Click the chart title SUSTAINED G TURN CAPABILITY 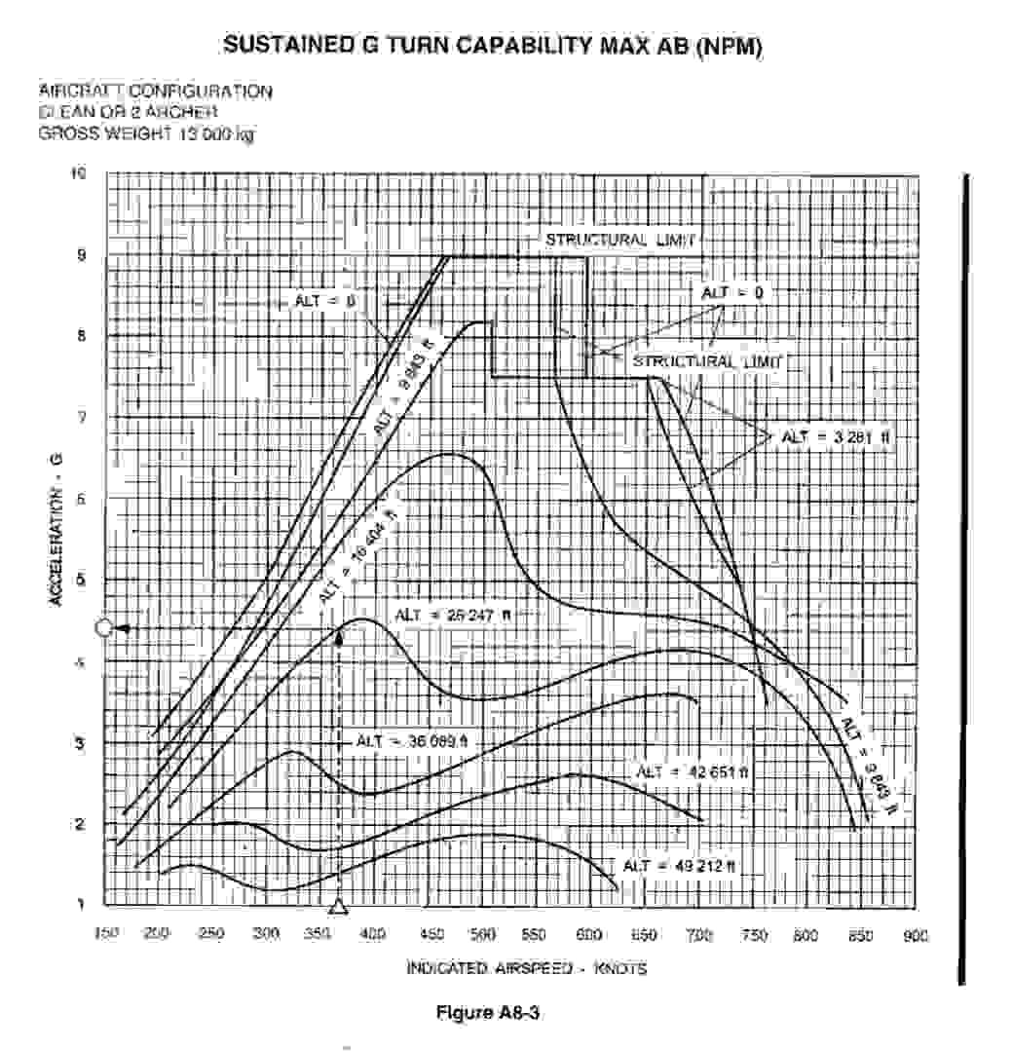tap(492, 45)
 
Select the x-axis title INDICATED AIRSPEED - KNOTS tap(526, 968)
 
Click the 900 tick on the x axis tap(915, 935)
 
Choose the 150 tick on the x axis tap(106, 935)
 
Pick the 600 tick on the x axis tap(589, 935)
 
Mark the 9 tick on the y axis tap(81, 256)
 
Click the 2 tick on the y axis tap(81, 824)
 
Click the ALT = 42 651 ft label tap(693, 771)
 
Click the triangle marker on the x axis tap(338, 907)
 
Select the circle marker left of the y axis tap(104, 628)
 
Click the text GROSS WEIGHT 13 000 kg tap(146, 133)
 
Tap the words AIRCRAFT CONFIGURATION tap(156, 91)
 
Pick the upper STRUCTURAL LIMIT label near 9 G tap(620, 240)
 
